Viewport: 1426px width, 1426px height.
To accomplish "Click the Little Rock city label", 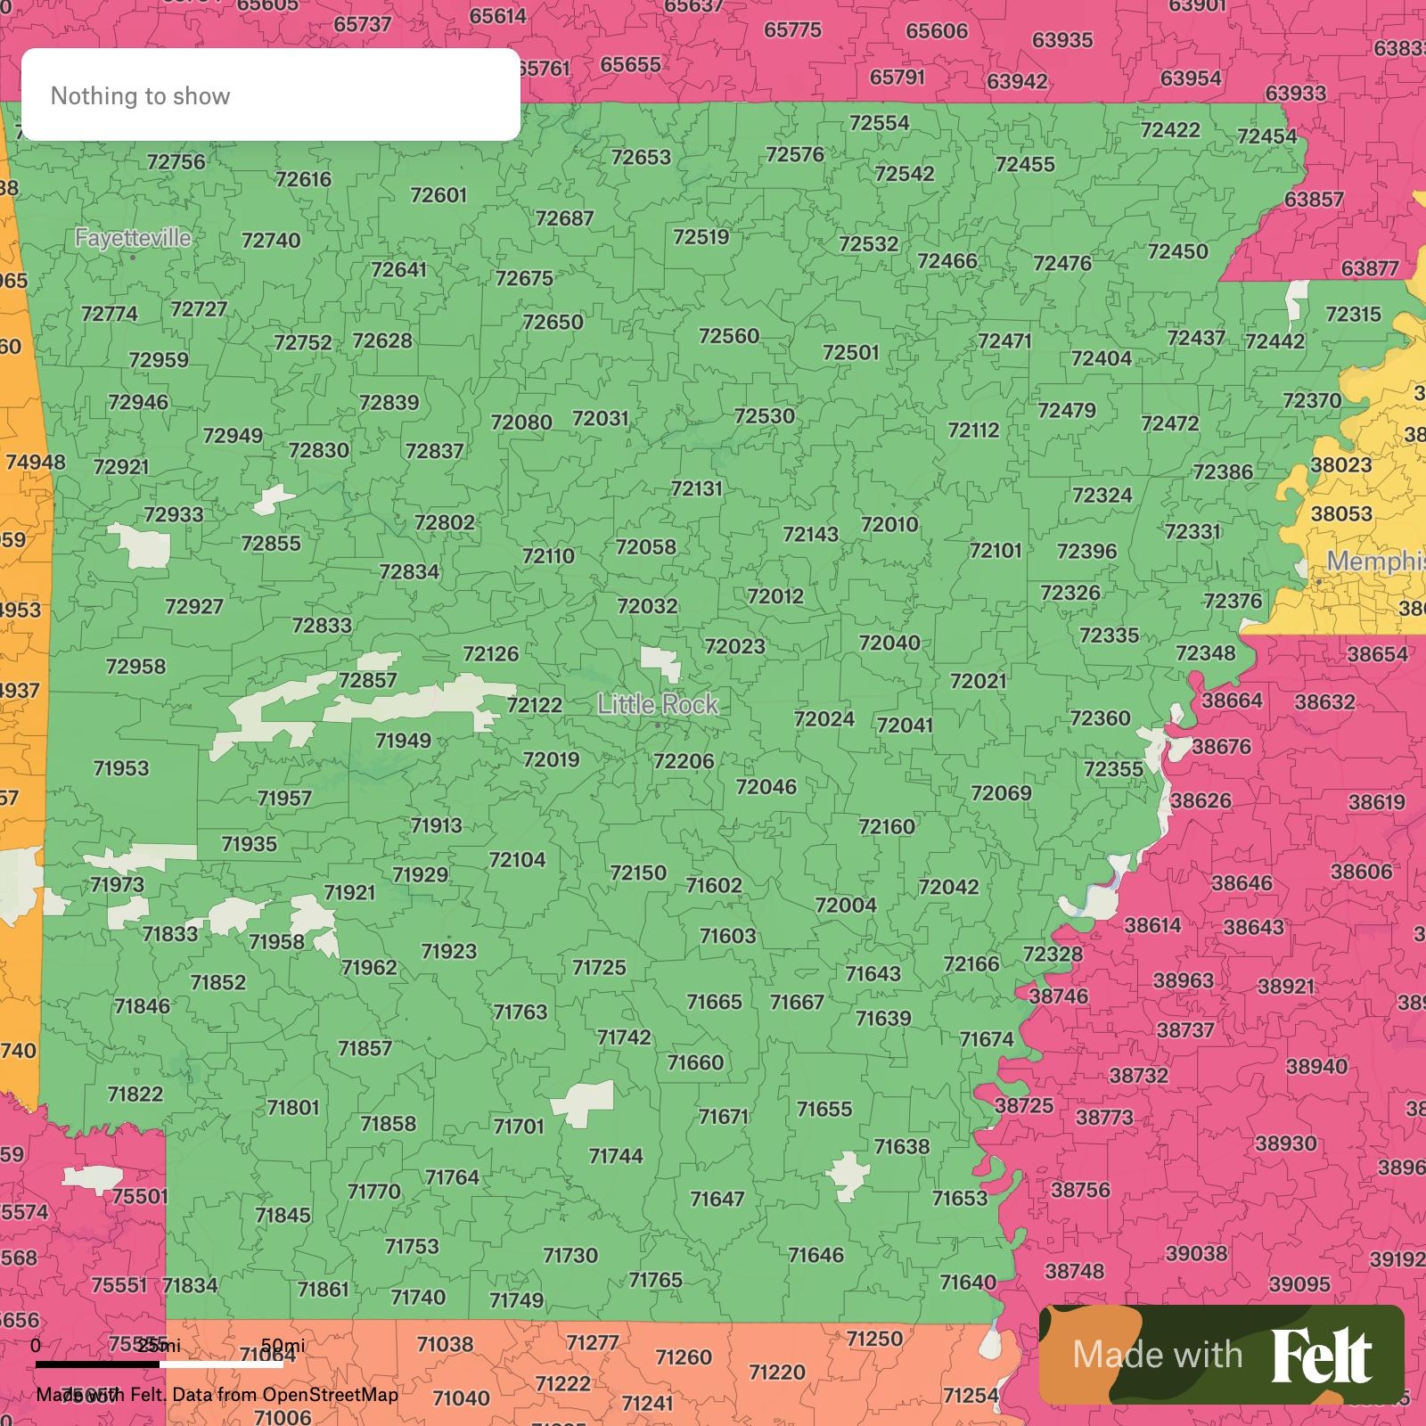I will tap(658, 705).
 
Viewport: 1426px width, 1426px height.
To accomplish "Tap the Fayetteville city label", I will tap(133, 238).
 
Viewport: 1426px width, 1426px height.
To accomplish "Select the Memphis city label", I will tap(1374, 561).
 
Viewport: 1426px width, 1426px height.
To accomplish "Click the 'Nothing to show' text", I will tap(141, 96).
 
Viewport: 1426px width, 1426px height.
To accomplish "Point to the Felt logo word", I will tap(1321, 1356).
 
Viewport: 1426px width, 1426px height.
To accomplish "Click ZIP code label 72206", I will tap(684, 761).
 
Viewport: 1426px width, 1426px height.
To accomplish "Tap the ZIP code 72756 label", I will tap(176, 162).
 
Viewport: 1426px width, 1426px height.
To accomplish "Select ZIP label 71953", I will tap(121, 768).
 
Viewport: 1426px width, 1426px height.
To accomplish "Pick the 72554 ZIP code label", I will tap(880, 123).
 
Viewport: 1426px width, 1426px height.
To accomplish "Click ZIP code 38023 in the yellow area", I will tap(1341, 465).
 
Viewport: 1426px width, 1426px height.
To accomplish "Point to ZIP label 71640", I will tap(968, 1283).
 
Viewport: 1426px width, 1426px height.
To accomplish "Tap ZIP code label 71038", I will tap(445, 1344).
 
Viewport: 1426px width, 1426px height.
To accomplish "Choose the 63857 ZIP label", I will tap(1314, 200).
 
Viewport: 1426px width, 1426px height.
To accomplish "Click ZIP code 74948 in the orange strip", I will tap(36, 463).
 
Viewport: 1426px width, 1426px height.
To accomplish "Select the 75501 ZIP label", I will tap(140, 1196).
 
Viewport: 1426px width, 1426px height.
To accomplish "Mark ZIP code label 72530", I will tap(765, 416).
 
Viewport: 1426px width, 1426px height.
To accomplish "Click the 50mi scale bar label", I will tap(283, 1346).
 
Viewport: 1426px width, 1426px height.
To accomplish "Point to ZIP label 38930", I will tap(1285, 1143).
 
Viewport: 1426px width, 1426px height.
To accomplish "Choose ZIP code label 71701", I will tap(519, 1127).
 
